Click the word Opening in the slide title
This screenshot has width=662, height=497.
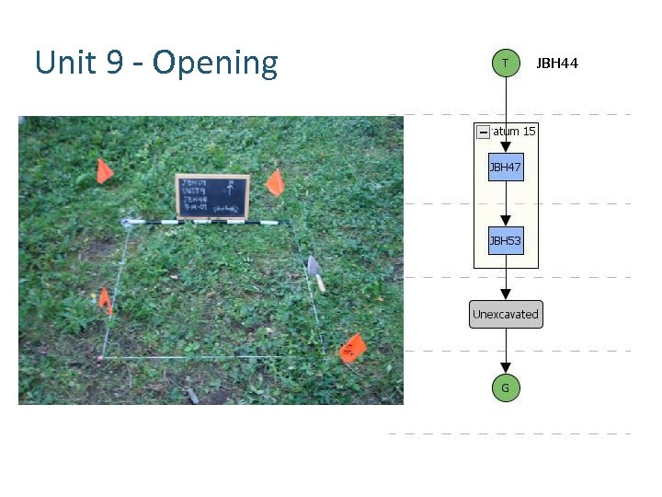pyautogui.click(x=215, y=64)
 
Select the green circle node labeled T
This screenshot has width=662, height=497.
pyautogui.click(x=505, y=63)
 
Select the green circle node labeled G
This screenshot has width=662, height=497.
pyautogui.click(x=505, y=388)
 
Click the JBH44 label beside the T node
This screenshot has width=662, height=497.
pyautogui.click(x=557, y=64)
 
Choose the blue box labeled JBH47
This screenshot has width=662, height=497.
pyautogui.click(x=506, y=168)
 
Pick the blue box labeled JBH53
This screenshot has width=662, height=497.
pyautogui.click(x=506, y=241)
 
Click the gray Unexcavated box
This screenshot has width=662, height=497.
pyautogui.click(x=506, y=314)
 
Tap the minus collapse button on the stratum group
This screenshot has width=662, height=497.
pyautogui.click(x=484, y=133)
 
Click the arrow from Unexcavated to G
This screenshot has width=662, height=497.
pyautogui.click(x=506, y=352)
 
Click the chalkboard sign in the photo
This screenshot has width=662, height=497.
pyautogui.click(x=212, y=196)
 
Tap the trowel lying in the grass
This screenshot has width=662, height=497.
pyautogui.click(x=316, y=272)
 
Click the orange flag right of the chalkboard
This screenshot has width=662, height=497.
pyautogui.click(x=274, y=182)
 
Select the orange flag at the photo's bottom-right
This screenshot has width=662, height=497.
pyautogui.click(x=352, y=349)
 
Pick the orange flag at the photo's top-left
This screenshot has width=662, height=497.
pyautogui.click(x=104, y=171)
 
